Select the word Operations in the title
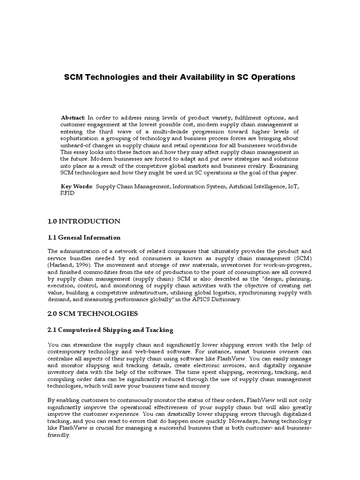click(x=272, y=77)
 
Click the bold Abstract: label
click(x=73, y=118)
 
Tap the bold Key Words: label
click(x=77, y=186)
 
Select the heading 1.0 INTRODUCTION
click(x=84, y=221)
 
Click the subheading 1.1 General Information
click(x=84, y=237)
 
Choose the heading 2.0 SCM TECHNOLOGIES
click(x=91, y=313)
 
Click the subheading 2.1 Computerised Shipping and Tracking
click(x=111, y=330)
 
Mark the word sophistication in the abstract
click(x=79, y=139)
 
